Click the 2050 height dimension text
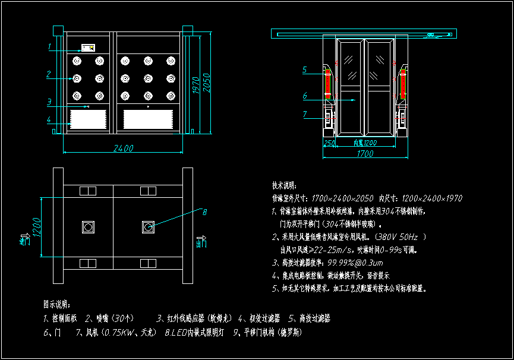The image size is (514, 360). click(207, 85)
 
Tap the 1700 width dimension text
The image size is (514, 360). click(365, 154)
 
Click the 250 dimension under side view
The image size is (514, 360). click(329, 143)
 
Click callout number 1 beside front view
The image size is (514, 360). click(49, 46)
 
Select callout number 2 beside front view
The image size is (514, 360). click(49, 74)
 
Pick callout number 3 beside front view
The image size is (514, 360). click(49, 102)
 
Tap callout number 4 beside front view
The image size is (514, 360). click(49, 120)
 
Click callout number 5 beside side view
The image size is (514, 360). click(304, 70)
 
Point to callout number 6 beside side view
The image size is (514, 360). click(304, 95)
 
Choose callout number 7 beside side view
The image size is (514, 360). click(304, 114)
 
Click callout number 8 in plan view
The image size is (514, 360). click(204, 212)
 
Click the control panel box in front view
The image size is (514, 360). click(89, 48)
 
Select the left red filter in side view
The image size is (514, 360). click(327, 83)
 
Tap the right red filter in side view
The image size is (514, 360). click(403, 83)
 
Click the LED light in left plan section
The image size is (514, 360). click(88, 226)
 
